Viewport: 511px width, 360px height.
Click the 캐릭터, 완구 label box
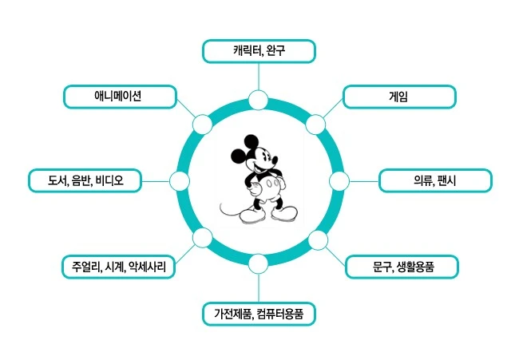pos(259,52)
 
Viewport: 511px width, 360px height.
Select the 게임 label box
pos(398,97)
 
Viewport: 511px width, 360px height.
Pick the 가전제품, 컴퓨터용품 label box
pos(259,314)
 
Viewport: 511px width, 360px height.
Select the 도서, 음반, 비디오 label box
pos(84,181)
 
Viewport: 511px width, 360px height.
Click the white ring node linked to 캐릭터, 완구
pos(258,100)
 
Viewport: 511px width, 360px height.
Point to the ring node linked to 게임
pos(317,124)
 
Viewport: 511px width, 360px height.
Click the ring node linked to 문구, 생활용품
pos(317,240)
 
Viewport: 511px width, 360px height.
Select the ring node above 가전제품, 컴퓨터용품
pos(258,264)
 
